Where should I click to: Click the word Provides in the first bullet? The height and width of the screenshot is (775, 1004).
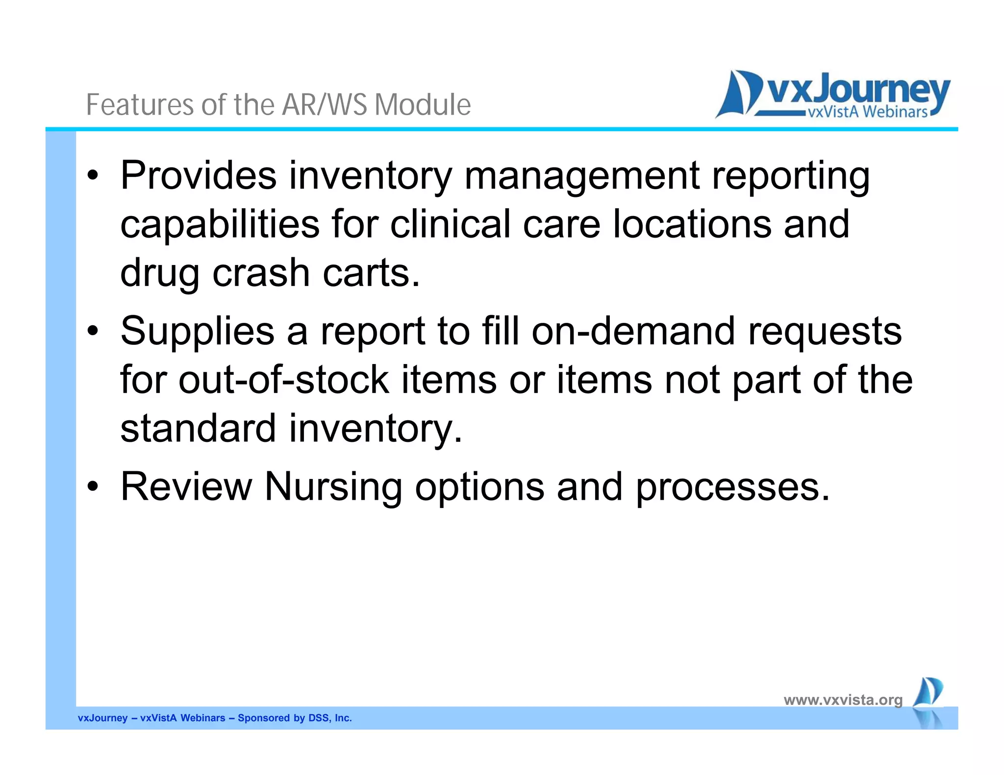(198, 175)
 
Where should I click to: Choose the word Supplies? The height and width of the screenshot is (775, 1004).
(197, 332)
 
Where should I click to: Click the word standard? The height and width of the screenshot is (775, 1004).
(198, 428)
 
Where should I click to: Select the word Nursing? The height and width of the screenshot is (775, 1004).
(333, 487)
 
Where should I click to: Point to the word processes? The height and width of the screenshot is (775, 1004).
(732, 487)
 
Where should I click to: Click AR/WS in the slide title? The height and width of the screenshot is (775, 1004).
(324, 104)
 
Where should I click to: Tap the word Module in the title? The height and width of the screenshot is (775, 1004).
(423, 104)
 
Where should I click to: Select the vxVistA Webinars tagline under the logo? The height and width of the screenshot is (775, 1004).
(867, 112)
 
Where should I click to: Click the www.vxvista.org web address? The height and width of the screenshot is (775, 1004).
(843, 700)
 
